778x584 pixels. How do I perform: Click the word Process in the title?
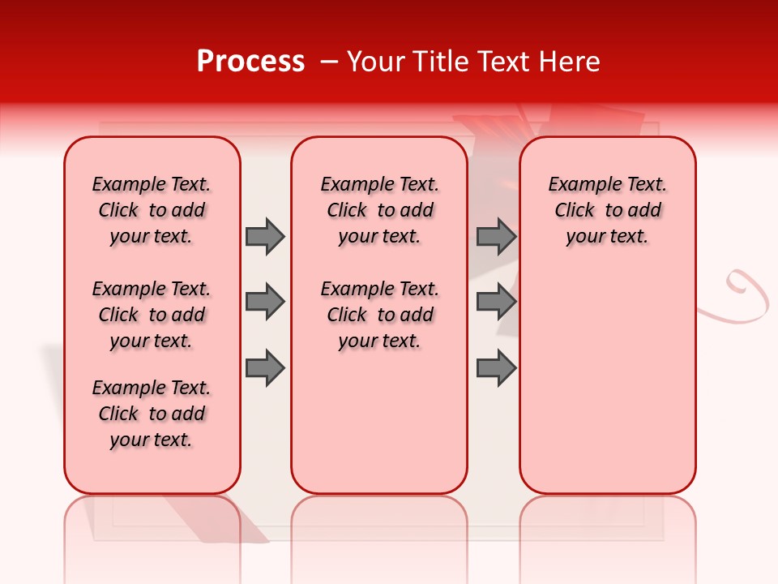(x=250, y=62)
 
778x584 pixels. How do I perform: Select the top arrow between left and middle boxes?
(x=264, y=236)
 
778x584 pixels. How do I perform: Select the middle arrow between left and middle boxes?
(x=264, y=303)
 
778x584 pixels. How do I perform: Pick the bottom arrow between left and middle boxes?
(x=264, y=368)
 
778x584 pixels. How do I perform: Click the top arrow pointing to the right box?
(x=496, y=236)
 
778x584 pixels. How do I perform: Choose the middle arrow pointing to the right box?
(x=496, y=303)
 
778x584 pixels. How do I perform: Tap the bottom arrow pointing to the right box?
(x=496, y=368)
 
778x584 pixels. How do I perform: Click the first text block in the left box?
(x=152, y=210)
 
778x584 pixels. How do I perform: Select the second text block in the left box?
(x=152, y=315)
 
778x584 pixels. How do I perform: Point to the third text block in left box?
(x=152, y=414)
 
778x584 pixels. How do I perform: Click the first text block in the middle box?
(x=379, y=210)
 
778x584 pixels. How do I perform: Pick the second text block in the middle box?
(x=379, y=315)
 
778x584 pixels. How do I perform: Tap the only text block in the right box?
(x=607, y=210)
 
